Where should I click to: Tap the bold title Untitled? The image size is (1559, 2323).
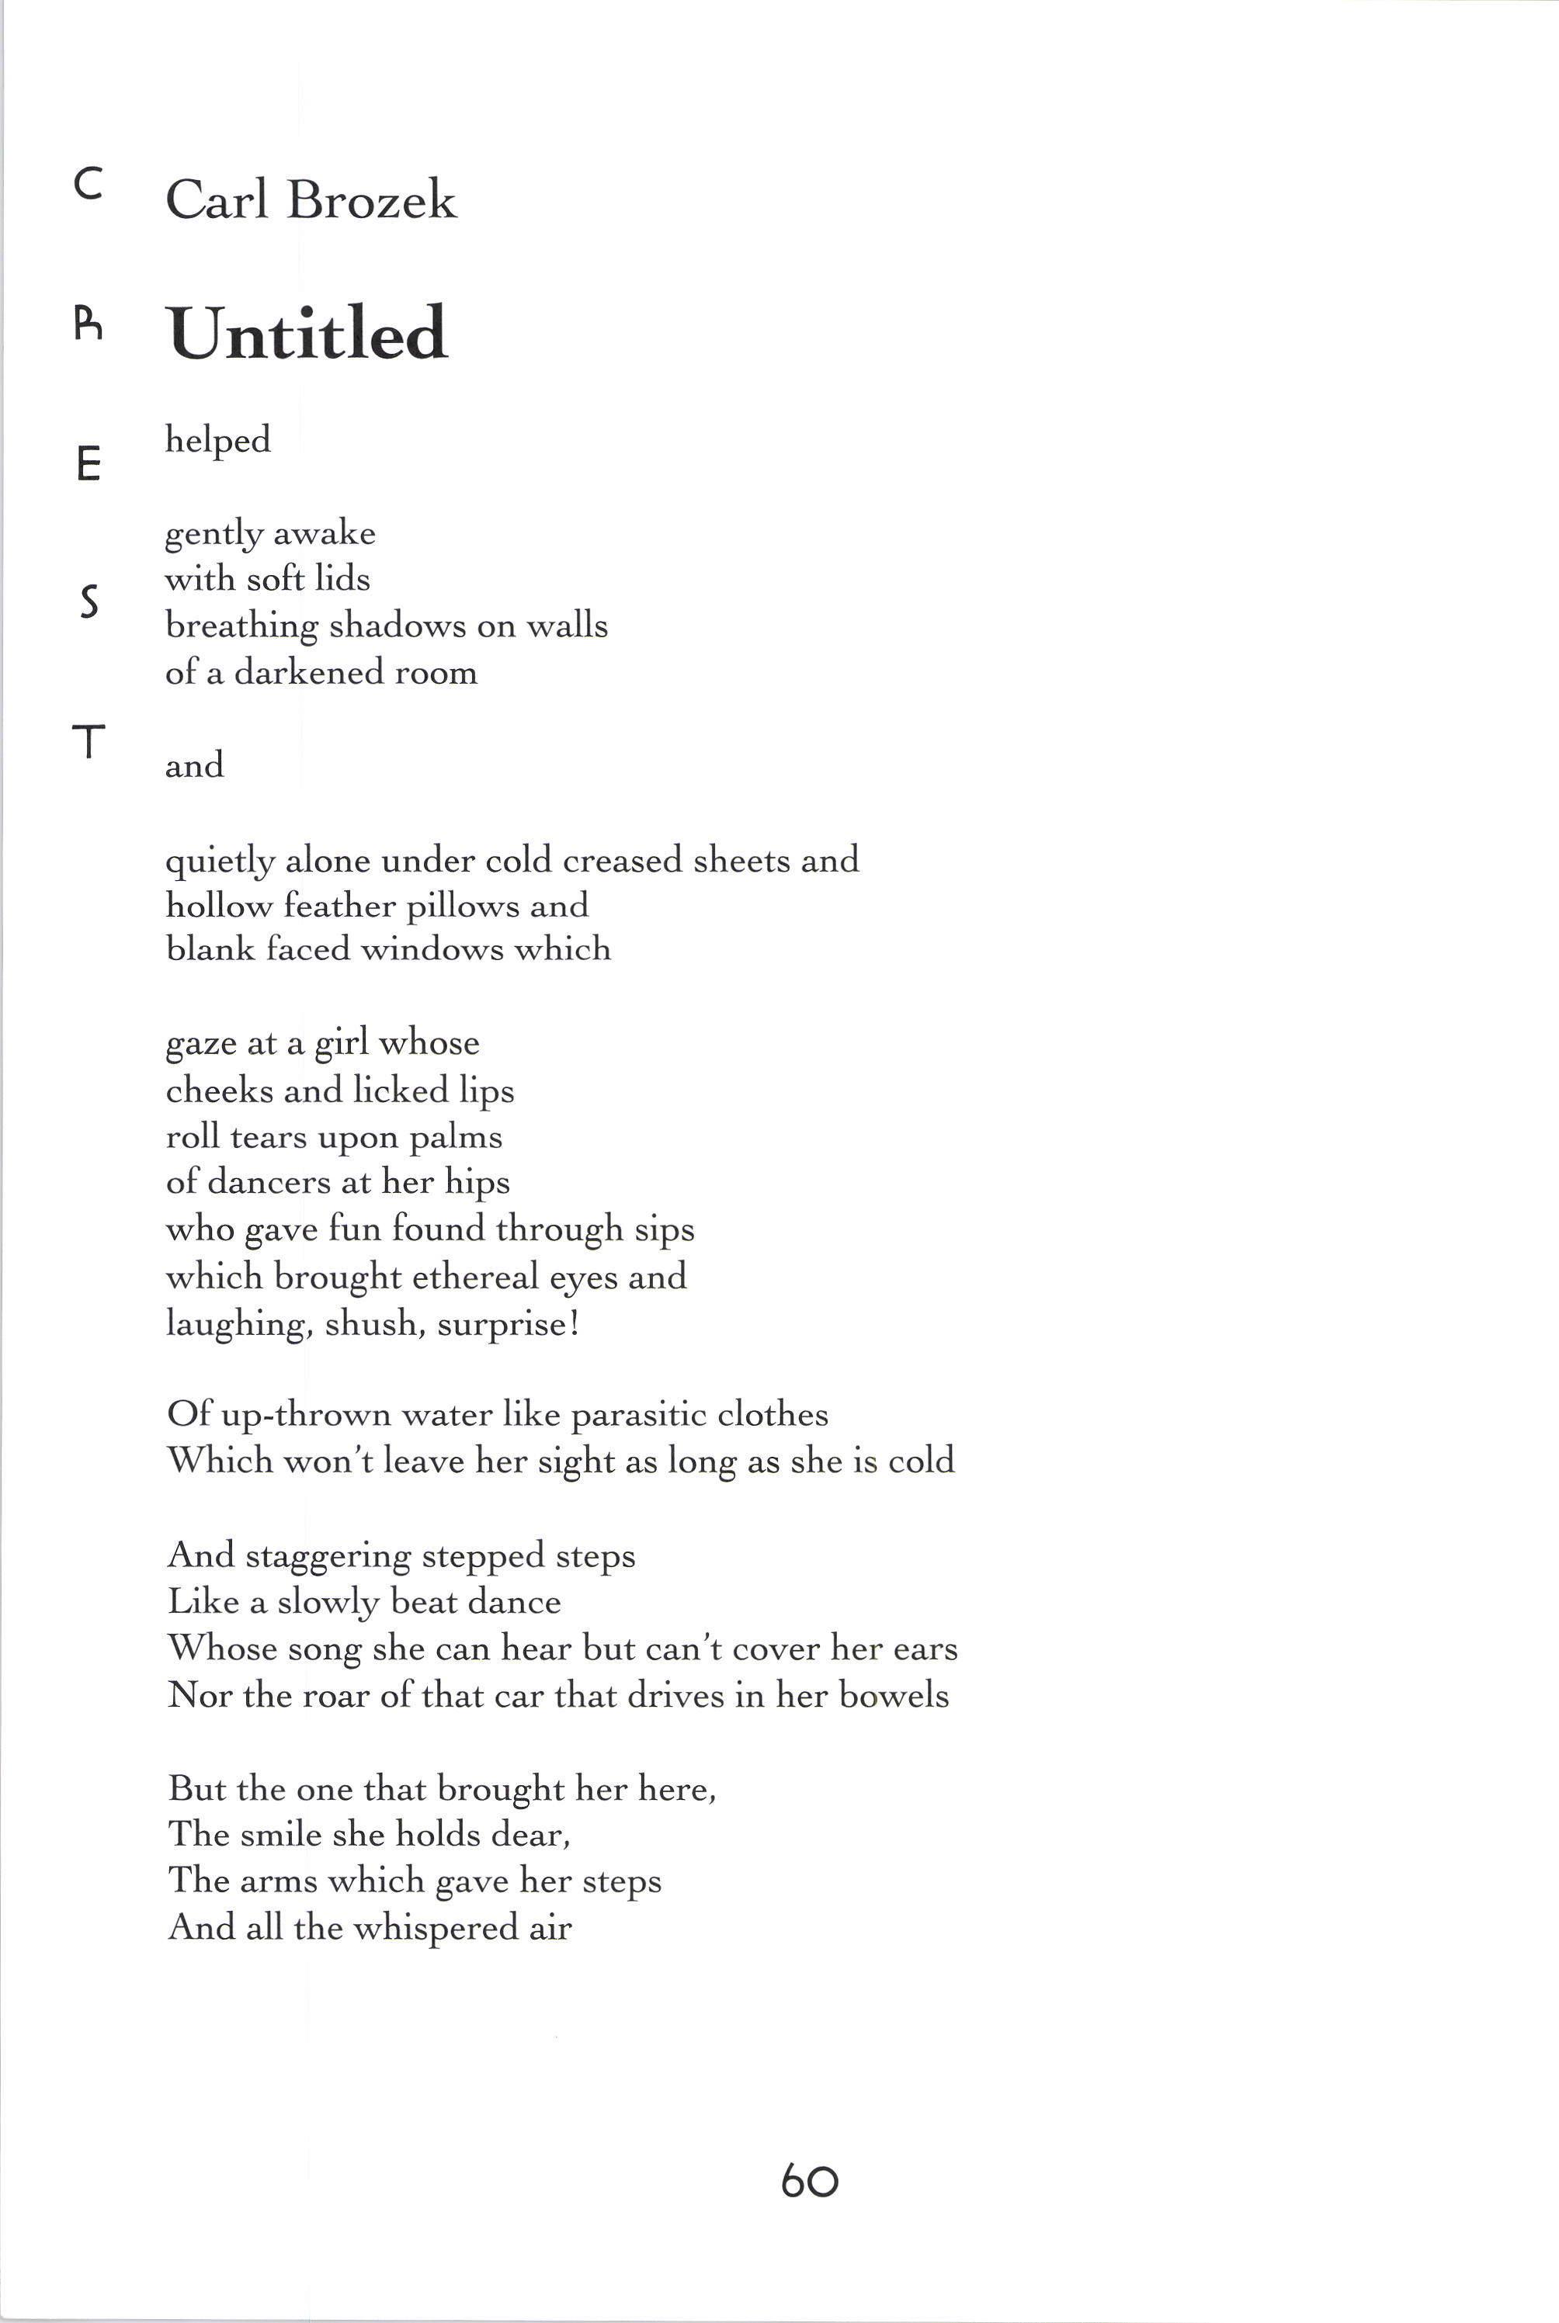pyautogui.click(x=307, y=333)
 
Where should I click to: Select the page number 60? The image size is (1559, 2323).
pyautogui.click(x=809, y=2181)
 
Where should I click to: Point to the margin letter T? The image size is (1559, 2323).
pyautogui.click(x=89, y=740)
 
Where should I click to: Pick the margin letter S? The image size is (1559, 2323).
pyautogui.click(x=89, y=602)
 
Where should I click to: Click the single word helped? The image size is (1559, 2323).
pyautogui.click(x=217, y=440)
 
